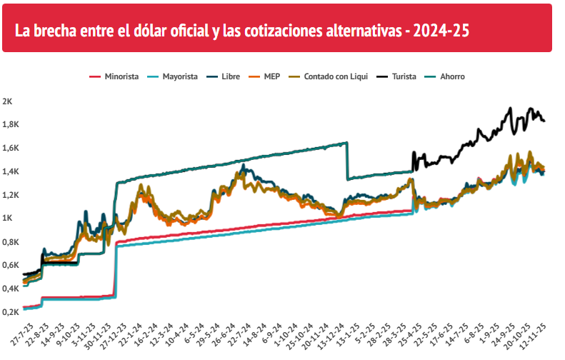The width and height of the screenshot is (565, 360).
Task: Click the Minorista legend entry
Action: [x=114, y=76]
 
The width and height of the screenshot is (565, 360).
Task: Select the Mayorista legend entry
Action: [x=173, y=76]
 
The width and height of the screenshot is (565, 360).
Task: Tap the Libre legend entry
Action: [x=224, y=76]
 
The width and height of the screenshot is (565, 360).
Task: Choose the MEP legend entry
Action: [x=264, y=76]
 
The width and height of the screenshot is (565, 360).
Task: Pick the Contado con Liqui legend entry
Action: [x=329, y=76]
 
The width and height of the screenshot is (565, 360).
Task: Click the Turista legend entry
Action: [x=396, y=76]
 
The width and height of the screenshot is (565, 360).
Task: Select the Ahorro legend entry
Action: [x=445, y=76]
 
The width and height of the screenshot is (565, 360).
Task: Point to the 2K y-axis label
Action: [x=7, y=101]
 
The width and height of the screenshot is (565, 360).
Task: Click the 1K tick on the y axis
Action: [x=7, y=218]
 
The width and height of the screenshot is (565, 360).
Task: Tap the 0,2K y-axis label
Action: [x=11, y=311]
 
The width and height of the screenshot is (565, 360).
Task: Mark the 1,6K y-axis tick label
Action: [x=11, y=148]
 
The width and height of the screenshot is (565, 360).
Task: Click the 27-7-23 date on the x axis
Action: [x=22, y=335]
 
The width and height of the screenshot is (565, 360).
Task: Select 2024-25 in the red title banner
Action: [x=441, y=31]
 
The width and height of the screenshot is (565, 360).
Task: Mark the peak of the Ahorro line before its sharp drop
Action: [x=346, y=143]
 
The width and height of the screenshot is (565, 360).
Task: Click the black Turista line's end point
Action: [x=544, y=121]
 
